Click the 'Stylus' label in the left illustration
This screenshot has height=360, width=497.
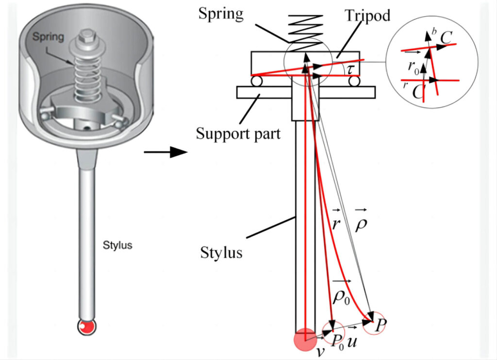(x=117, y=245)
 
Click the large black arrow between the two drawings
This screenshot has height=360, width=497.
(x=166, y=153)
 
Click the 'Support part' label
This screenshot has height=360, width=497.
(x=238, y=133)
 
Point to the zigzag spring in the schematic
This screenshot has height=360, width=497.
(x=305, y=27)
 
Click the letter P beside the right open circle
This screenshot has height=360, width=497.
(x=381, y=325)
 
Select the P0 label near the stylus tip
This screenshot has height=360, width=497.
(x=339, y=340)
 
